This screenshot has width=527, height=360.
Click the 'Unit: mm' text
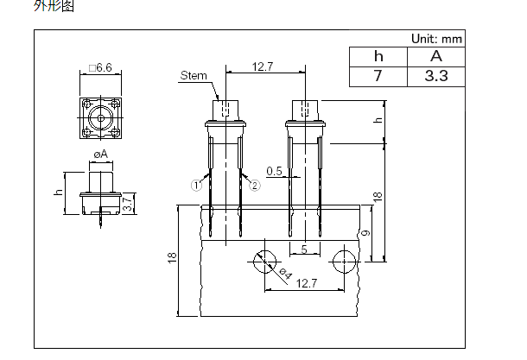pos(436,39)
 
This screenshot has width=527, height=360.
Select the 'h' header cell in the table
pos(378,57)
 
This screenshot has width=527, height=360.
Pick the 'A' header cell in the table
pos(436,57)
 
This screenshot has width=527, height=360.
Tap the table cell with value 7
pos(378,77)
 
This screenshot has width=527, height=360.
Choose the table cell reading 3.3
pos(436,77)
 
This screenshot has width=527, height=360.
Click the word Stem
pos(194,75)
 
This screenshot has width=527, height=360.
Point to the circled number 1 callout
pos(196,186)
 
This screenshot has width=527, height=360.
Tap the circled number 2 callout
pos(254,186)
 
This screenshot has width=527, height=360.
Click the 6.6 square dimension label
pos(100,68)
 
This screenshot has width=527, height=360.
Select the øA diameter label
pos(100,155)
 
